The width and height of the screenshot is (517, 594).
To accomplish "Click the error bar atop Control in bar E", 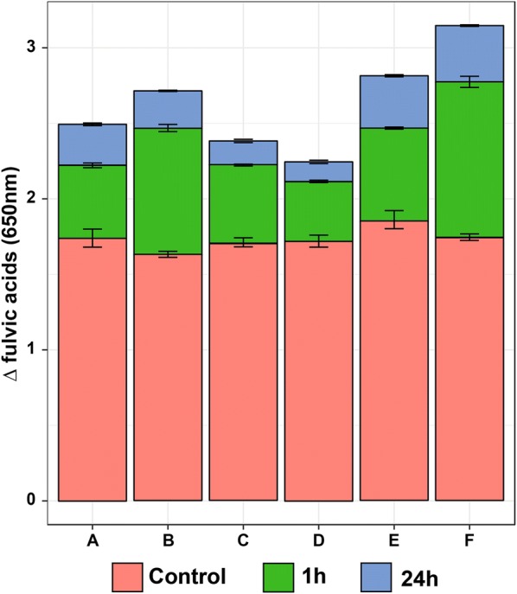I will click(394, 220).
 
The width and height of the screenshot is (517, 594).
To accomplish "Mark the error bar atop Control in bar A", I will click(93, 239).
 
